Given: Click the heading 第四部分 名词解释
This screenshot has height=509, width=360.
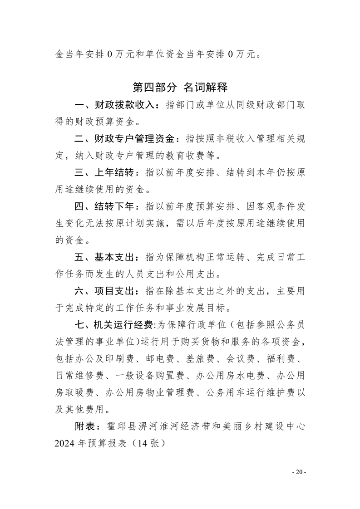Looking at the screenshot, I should pyautogui.click(x=180, y=87).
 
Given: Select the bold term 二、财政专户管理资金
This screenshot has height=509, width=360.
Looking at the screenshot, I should pyautogui.click(x=128, y=139).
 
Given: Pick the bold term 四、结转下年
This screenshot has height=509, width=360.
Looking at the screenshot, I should pyautogui.click(x=106, y=206).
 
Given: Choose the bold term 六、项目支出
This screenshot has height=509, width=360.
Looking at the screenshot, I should pyautogui.click(x=106, y=290).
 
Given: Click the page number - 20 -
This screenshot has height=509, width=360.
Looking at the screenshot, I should pyautogui.click(x=299, y=472).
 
